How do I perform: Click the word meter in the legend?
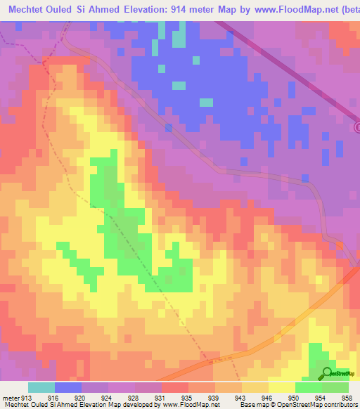tap(11, 396)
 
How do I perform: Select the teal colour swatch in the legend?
tap(41, 387)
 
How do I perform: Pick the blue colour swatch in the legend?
tap(68, 387)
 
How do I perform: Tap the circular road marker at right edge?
tap(356, 127)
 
